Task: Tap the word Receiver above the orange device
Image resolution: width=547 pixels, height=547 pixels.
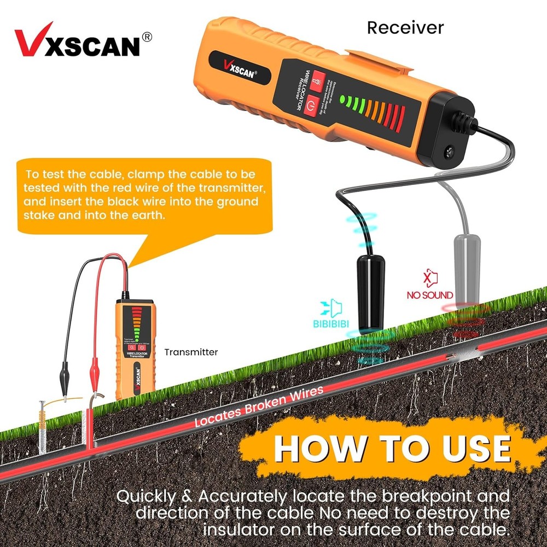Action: click(405, 27)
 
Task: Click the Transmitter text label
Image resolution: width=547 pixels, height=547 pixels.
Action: click(191, 352)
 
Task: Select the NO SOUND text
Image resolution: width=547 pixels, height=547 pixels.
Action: click(430, 295)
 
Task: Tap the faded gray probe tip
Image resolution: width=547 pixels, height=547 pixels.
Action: click(467, 268)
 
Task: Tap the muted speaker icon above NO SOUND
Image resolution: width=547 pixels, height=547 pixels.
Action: click(430, 278)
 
